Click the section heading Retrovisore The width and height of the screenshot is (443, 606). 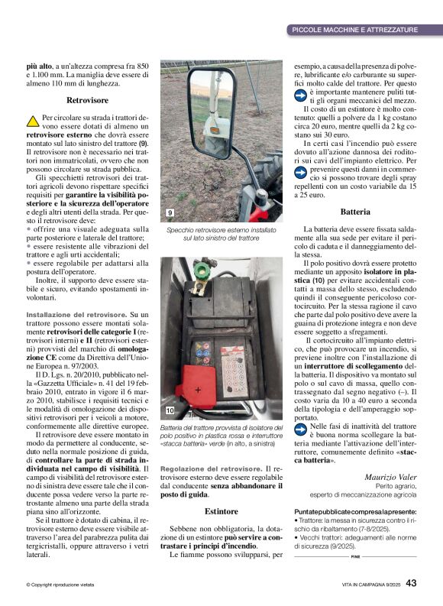coord(87,100)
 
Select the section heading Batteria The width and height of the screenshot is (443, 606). coord(354,211)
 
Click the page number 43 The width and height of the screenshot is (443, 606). coord(411,583)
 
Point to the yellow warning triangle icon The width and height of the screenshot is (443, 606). coord(33,121)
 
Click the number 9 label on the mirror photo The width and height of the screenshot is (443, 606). coord(170,212)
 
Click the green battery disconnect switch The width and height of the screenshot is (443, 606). coord(204,268)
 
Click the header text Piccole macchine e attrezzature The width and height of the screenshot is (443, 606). coord(354,30)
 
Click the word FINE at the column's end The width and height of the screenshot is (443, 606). coord(355,558)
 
